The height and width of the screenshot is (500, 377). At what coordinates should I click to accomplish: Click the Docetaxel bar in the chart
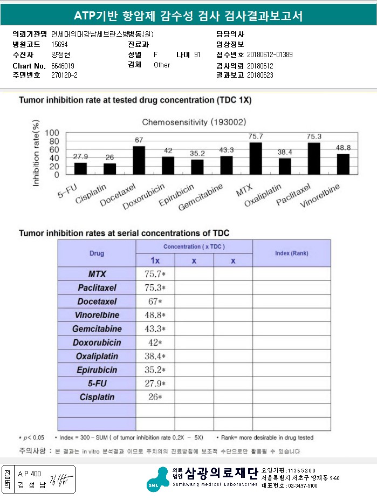click(x=139, y=160)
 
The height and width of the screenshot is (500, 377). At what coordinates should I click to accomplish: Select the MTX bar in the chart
click(x=256, y=159)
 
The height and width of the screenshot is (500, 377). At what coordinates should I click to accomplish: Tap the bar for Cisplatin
click(x=109, y=169)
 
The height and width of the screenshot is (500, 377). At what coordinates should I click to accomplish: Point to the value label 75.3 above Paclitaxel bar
click(x=314, y=136)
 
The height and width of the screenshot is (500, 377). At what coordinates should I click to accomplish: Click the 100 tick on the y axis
click(x=52, y=133)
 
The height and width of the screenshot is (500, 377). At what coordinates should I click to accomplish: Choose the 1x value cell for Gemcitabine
click(x=155, y=329)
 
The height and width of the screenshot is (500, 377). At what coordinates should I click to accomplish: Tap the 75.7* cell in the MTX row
click(x=155, y=274)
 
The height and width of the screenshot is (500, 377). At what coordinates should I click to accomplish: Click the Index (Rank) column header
click(x=291, y=253)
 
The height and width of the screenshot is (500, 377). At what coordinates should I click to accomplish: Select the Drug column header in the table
click(x=97, y=253)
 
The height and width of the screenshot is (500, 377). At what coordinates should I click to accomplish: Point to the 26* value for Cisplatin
click(x=155, y=398)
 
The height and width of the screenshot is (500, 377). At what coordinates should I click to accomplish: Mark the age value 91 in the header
click(x=197, y=55)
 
